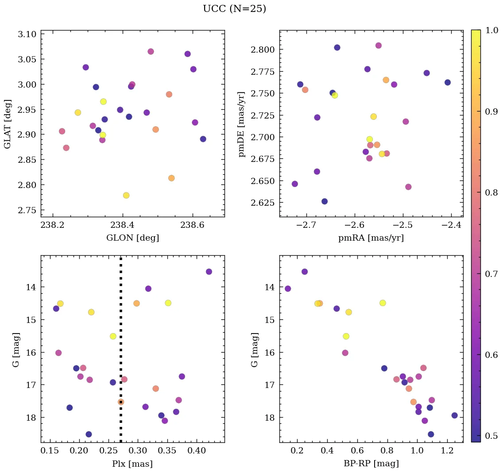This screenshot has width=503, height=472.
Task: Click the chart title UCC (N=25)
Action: [x=234, y=9]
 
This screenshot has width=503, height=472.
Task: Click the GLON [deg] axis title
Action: [x=132, y=238]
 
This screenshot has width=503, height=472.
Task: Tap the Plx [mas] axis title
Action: [x=132, y=464]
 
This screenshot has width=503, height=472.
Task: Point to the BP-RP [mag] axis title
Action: [x=371, y=464]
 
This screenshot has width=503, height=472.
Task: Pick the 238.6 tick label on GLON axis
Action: [x=193, y=225]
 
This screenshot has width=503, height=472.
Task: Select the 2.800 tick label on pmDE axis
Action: [x=264, y=49]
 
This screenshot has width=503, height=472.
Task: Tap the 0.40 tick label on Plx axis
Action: [x=197, y=451]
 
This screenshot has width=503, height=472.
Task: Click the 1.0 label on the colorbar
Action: [x=491, y=30]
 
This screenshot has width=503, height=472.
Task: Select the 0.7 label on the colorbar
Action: [x=491, y=274]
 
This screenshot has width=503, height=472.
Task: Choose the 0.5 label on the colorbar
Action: [x=491, y=436]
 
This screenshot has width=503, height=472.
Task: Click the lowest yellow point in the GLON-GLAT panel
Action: [x=126, y=196]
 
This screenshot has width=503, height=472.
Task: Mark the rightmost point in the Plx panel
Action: [x=209, y=272]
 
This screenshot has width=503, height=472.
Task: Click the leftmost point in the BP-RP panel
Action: [x=288, y=289]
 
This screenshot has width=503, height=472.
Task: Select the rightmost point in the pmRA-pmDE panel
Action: [x=448, y=82]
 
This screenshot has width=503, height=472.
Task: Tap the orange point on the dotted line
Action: [x=121, y=402]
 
